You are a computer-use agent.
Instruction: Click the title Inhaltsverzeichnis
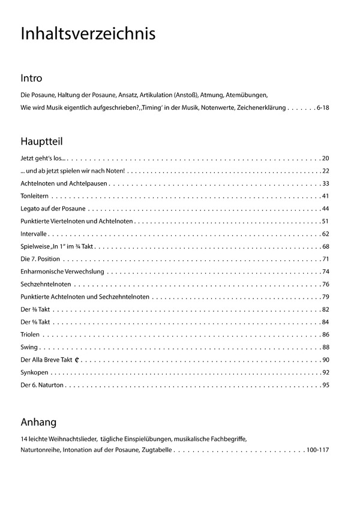pos(88,34)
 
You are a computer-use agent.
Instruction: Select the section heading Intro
pos(31,79)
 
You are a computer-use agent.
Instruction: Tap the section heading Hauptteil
pos(41,141)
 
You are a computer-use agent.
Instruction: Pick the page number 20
pos(326,158)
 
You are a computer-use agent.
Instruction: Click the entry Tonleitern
pos(34,196)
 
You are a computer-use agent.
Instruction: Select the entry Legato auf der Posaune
pos(53,209)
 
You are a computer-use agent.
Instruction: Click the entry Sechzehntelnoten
pos(46,284)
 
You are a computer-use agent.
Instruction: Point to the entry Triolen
pos(30,335)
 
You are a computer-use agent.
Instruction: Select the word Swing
pos(29,347)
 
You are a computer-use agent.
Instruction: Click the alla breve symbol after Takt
pos(78,360)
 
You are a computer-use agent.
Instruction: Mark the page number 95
pos(326,385)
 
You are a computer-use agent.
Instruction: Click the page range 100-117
pos(317,450)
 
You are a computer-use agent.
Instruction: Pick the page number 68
pos(326,246)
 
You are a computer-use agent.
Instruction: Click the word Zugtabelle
pos(157,450)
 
